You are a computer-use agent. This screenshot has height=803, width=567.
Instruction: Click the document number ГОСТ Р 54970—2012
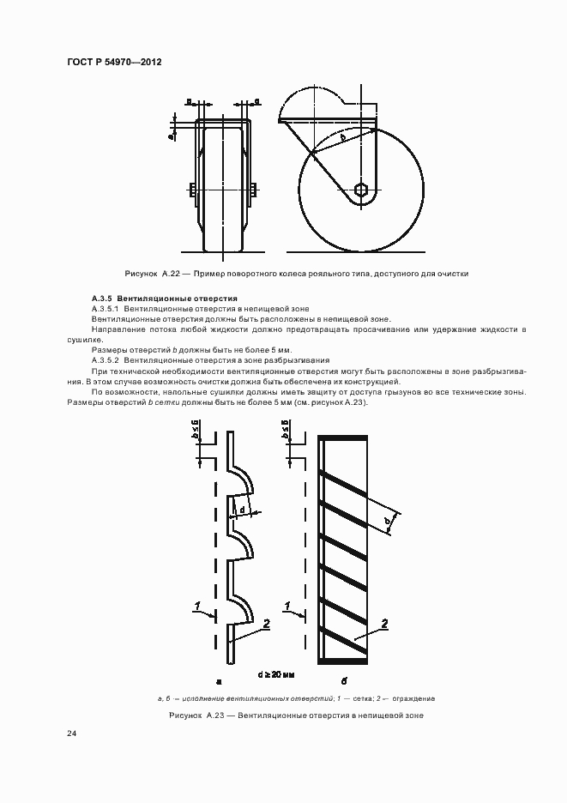click(x=114, y=63)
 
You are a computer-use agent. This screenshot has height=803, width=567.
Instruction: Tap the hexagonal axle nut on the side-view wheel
click(x=362, y=190)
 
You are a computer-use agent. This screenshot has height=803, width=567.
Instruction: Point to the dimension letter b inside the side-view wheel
click(x=343, y=136)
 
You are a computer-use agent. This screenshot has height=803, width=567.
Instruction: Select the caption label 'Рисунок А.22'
click(x=152, y=274)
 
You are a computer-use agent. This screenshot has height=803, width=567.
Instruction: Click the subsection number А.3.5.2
click(x=106, y=360)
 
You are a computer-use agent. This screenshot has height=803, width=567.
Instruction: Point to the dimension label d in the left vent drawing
click(x=244, y=511)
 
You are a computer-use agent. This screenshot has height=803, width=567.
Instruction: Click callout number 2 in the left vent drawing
click(x=267, y=625)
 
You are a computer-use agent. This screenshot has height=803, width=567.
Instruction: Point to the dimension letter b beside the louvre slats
click(x=387, y=521)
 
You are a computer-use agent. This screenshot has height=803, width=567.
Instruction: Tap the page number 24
click(x=71, y=734)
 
